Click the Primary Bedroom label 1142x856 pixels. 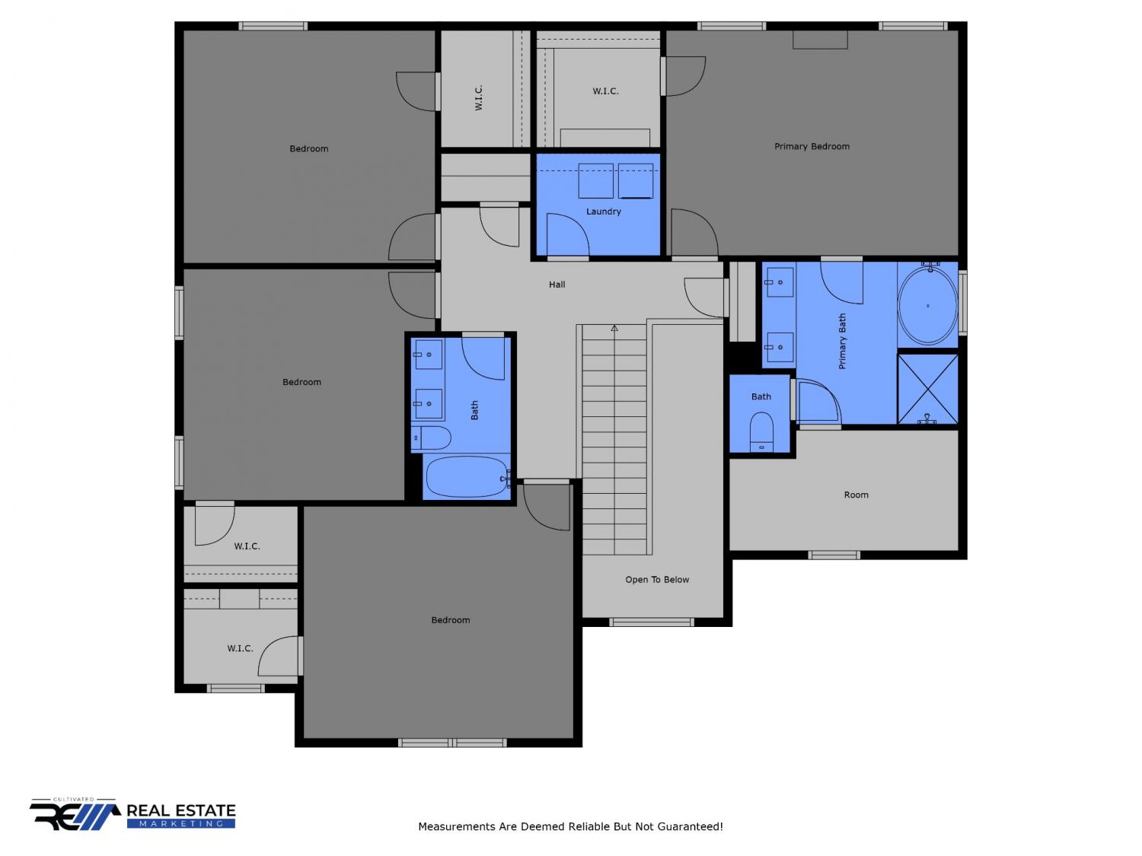(812, 147)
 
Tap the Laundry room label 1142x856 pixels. (604, 212)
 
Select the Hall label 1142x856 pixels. (557, 285)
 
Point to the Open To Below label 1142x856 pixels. (657, 580)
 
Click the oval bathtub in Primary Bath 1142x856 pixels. (927, 306)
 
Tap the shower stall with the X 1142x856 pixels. (927, 390)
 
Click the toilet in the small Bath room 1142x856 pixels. (761, 431)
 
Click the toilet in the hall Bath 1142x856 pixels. (431, 438)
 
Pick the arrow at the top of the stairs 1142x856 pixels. (614, 328)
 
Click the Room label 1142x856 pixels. (856, 495)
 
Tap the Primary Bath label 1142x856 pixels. (842, 341)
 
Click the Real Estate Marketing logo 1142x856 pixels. (132, 814)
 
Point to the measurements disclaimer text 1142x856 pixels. (570, 826)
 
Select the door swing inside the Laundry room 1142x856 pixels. (568, 234)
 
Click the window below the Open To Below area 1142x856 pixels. (652, 622)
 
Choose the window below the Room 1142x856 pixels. (834, 555)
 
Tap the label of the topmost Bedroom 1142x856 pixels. (309, 148)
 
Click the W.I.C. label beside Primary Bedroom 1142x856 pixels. (605, 91)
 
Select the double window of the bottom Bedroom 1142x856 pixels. (452, 743)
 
